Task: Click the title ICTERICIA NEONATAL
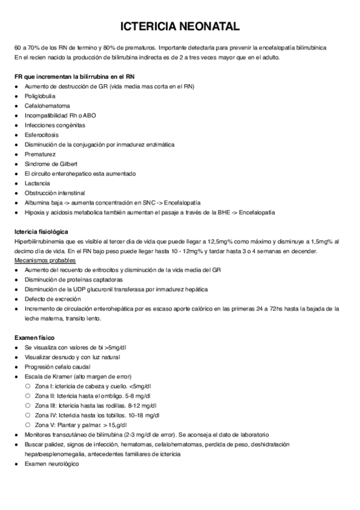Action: pos(180,26)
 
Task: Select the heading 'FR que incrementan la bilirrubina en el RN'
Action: pos(74,77)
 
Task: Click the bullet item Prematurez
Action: pos(40,154)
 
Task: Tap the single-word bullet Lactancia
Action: pos(37,183)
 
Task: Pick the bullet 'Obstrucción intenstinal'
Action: pos(55,192)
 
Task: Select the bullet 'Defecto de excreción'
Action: pos(52,299)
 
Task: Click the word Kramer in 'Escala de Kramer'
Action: pos(61,376)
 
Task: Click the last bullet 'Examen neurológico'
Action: pos(51,463)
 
